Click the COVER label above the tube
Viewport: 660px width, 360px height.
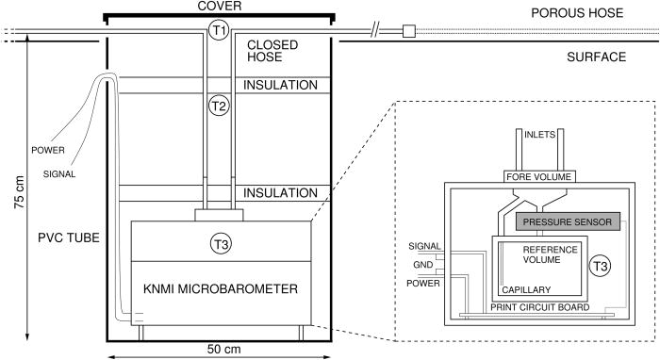tap(219, 7)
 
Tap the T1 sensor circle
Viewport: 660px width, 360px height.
tap(219, 31)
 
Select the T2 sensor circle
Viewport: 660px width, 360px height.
tap(219, 106)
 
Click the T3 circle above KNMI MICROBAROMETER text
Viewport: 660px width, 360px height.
tap(219, 242)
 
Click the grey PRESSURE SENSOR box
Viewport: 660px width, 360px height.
tap(569, 222)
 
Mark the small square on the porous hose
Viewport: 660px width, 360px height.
tap(407, 31)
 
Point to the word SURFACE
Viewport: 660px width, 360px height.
tap(597, 57)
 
